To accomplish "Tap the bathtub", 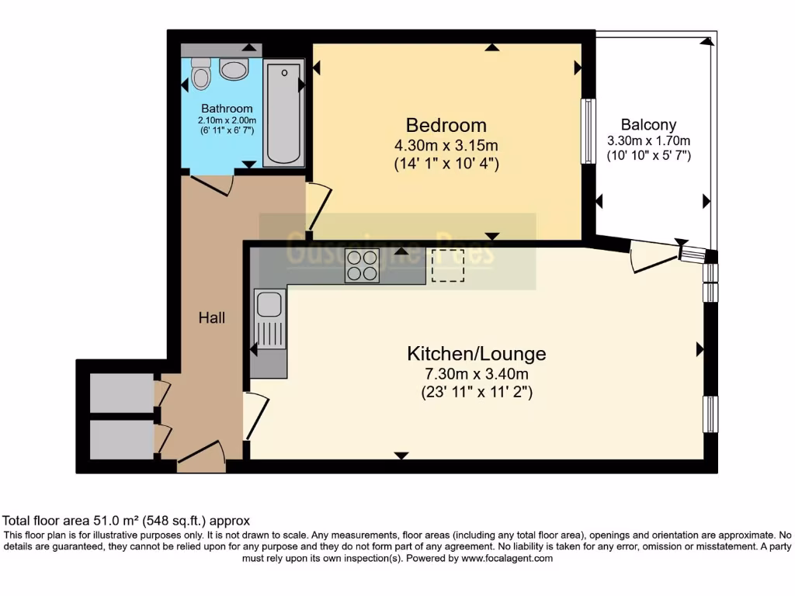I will (x=283, y=114).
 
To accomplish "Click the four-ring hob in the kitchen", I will (x=362, y=266).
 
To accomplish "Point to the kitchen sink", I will (x=269, y=304).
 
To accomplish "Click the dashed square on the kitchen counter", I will (x=447, y=265).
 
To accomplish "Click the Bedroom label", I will (x=446, y=125).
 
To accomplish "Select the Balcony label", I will (x=648, y=124).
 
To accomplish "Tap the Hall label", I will (x=212, y=317).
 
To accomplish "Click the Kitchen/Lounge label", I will (x=477, y=354).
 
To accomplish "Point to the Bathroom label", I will (x=227, y=109).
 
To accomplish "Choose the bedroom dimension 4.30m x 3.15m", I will (x=446, y=145).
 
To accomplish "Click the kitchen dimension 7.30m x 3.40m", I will (x=477, y=374).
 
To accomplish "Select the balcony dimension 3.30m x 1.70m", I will (x=648, y=141).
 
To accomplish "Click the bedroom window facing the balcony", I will (x=588, y=131).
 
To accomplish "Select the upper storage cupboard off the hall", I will (x=122, y=393).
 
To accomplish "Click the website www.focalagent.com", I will (x=507, y=558).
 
